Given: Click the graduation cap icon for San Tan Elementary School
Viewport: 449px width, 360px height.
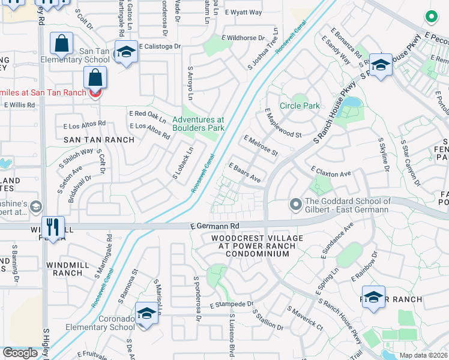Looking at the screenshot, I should (x=126, y=53).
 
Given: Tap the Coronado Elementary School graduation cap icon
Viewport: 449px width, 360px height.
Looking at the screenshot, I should (x=146, y=314).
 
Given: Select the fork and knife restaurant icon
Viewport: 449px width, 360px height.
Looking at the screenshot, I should (x=53, y=226).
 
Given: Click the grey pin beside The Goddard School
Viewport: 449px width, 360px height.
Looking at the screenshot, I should (x=295, y=205).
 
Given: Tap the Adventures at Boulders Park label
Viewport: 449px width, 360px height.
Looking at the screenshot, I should (x=198, y=124).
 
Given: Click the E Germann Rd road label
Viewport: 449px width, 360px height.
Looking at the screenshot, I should (x=215, y=226).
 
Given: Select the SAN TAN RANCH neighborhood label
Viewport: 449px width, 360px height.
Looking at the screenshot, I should (x=99, y=139).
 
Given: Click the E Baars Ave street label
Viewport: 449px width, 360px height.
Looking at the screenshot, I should (x=244, y=172).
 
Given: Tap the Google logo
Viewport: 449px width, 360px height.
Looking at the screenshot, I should (x=20, y=353).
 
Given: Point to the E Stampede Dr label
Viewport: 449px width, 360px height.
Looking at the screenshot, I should (x=232, y=305).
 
